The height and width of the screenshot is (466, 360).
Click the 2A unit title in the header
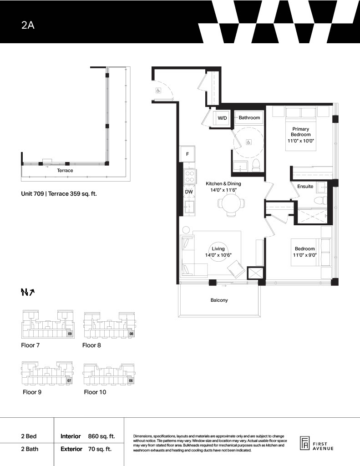(x=28, y=25)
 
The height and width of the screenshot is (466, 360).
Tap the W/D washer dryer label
(x=222, y=118)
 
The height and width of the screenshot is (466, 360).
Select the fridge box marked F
(x=188, y=154)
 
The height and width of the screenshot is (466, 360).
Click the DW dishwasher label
(x=189, y=192)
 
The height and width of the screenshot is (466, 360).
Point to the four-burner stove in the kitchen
(x=189, y=177)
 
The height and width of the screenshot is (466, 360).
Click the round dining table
(x=232, y=203)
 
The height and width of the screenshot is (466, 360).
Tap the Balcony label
(x=219, y=300)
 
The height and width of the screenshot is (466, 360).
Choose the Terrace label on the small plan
(x=65, y=170)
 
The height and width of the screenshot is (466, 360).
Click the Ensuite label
(x=305, y=186)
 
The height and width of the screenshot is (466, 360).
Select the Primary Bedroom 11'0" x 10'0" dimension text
(x=301, y=141)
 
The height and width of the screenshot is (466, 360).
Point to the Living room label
(x=218, y=249)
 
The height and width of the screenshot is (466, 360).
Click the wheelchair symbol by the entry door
(x=158, y=91)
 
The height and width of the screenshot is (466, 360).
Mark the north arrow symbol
(x=28, y=293)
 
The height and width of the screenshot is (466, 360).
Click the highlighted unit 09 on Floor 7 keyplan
(x=69, y=334)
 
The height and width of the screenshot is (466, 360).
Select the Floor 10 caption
(x=95, y=392)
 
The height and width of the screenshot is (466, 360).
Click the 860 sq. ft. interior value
(x=101, y=436)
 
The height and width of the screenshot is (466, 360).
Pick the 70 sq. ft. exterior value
(x=100, y=449)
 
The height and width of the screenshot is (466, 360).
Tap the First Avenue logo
(x=316, y=443)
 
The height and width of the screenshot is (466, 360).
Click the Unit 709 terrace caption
(x=59, y=194)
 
